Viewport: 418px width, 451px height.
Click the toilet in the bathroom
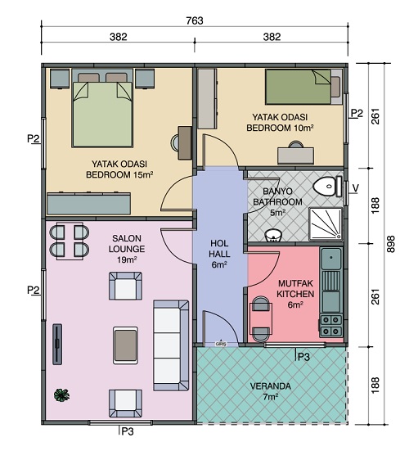pyautogui.click(x=327, y=187)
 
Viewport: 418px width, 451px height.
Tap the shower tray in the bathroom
pyautogui.click(x=326, y=224)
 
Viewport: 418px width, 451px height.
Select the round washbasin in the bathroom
pyautogui.click(x=273, y=236)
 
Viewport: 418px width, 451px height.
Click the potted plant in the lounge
pyautogui.click(x=61, y=395)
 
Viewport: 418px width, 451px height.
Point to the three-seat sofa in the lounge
pyautogui.click(x=171, y=345)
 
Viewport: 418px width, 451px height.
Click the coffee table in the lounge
pyautogui.click(x=125, y=345)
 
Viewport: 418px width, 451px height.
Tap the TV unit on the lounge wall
pyautogui.click(x=57, y=345)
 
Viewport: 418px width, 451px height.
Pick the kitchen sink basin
pyautogui.click(x=331, y=259)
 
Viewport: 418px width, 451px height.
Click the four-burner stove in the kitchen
pyautogui.click(x=331, y=326)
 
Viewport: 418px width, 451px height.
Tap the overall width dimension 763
pyautogui.click(x=195, y=20)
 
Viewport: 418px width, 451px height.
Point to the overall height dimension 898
pyautogui.click(x=391, y=244)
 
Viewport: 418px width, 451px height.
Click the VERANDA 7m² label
pyautogui.click(x=270, y=391)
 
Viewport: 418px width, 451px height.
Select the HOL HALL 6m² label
pyautogui.click(x=219, y=254)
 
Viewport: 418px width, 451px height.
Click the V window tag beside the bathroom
pyautogui.click(x=356, y=188)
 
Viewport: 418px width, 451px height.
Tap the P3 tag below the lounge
pyautogui.click(x=128, y=431)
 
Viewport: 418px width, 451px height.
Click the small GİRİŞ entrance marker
pyautogui.click(x=221, y=344)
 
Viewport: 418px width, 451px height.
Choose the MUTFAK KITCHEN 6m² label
pyautogui.click(x=295, y=294)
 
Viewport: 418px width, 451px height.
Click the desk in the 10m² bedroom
pyautogui.click(x=295, y=156)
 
